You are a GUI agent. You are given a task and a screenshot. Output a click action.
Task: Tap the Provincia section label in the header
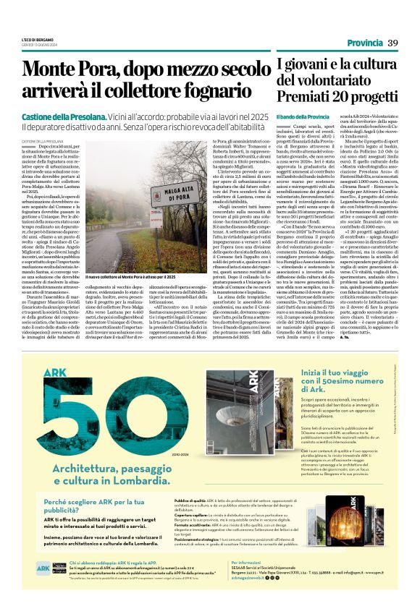pos(363,44)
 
